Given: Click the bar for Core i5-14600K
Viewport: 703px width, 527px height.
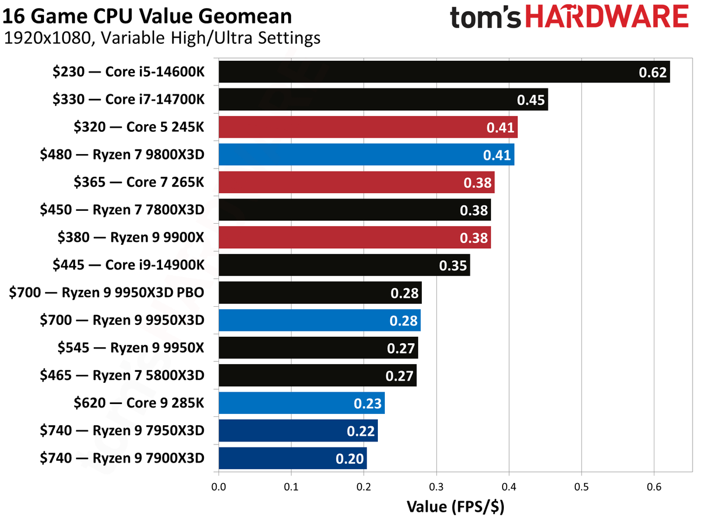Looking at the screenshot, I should tap(443, 72).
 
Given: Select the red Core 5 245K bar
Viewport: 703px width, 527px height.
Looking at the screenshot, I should tap(367, 127).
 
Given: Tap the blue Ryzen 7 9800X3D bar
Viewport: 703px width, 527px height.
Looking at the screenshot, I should tap(366, 155).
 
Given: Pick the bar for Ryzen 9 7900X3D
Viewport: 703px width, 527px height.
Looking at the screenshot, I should tap(292, 458).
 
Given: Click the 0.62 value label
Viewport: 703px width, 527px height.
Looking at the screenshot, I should tap(653, 73).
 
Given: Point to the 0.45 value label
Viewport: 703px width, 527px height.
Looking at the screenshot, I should tap(531, 100).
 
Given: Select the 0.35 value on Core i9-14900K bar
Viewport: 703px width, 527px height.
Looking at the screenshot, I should tap(453, 265).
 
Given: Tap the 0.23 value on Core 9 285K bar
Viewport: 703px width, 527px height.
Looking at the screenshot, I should tap(368, 403).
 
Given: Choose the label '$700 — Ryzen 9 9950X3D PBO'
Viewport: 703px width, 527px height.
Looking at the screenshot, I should tap(107, 292).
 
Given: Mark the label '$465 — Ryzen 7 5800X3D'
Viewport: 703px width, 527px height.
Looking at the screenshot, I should tap(122, 375).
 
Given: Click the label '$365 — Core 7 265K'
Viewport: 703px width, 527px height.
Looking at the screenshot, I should tap(139, 182).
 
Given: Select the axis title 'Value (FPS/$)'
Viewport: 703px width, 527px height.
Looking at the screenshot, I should tap(455, 507).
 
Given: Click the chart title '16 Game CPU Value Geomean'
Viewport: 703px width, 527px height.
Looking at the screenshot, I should tap(147, 15).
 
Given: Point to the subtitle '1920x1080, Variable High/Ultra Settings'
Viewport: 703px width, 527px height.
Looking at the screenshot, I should tap(162, 39).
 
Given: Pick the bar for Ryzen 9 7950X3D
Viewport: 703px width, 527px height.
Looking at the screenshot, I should tap(298, 430).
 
